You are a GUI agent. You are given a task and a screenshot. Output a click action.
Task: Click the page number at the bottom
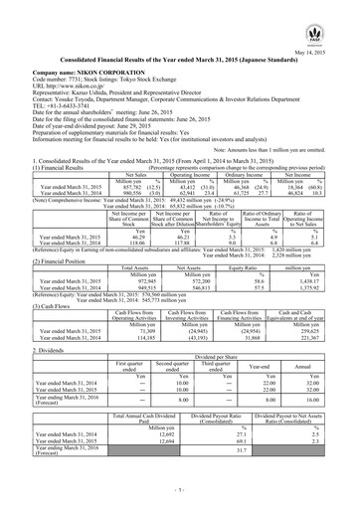[x=180, y=490]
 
